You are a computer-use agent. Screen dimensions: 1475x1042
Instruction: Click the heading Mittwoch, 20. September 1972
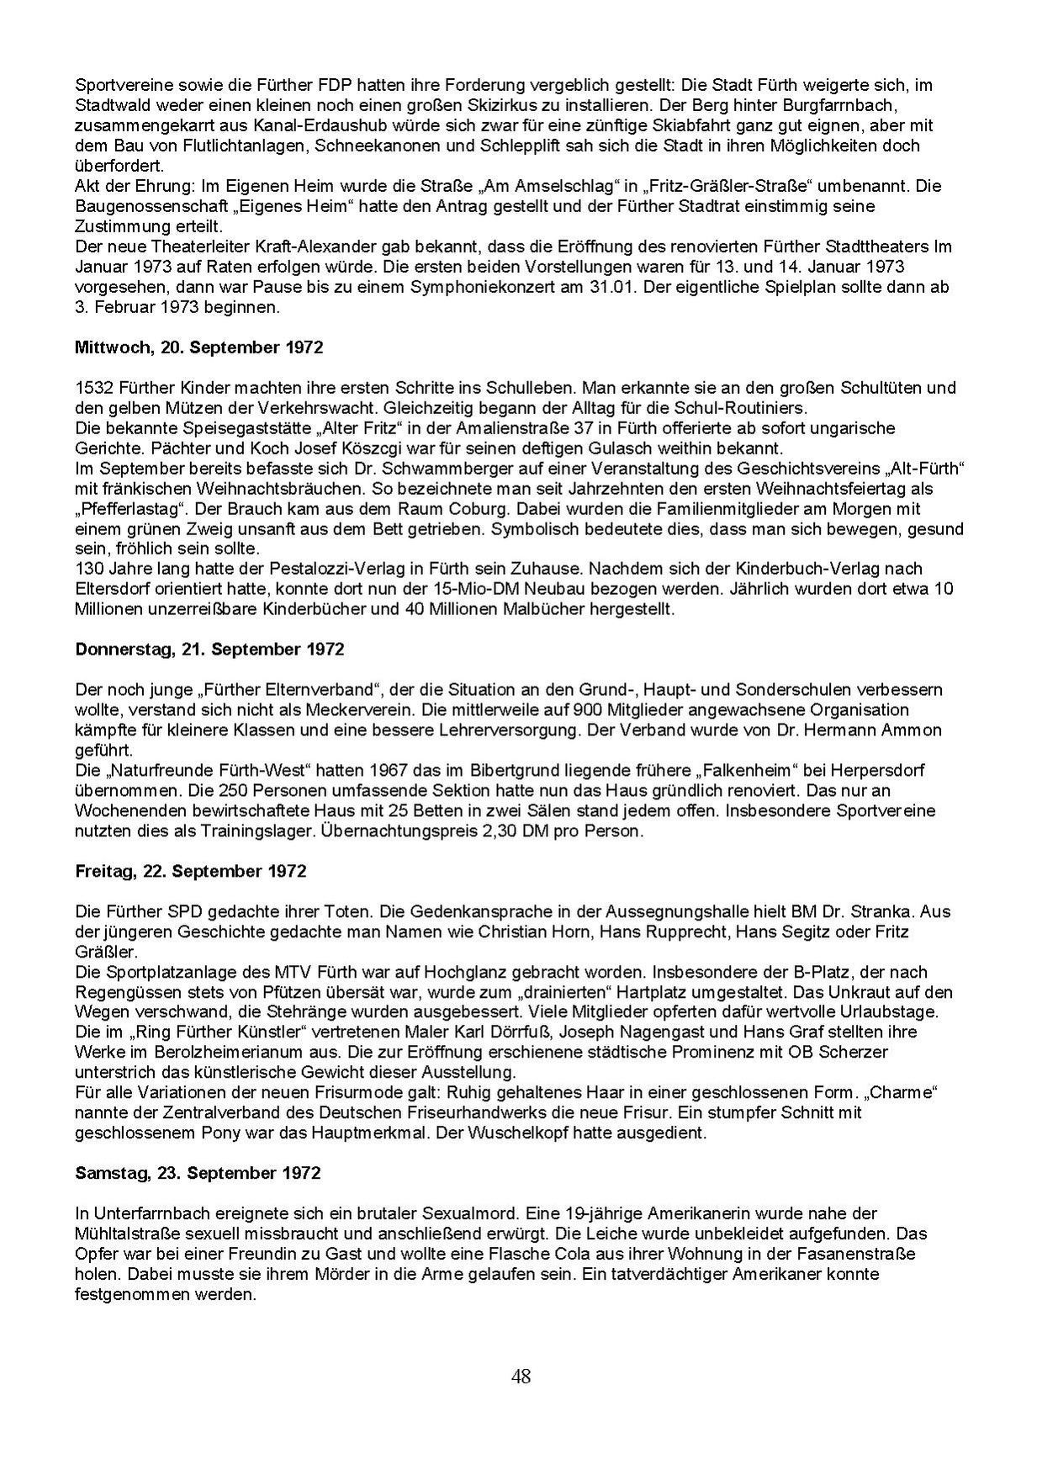(198, 347)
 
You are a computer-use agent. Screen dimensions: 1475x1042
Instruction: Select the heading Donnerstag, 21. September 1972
(209, 649)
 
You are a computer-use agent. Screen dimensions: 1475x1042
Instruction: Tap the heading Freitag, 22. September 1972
(191, 871)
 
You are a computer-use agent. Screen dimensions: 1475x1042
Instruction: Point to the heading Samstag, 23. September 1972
(198, 1172)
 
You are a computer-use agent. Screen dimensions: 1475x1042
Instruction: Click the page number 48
(521, 1377)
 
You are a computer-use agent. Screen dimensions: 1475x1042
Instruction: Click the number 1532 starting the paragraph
(92, 387)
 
